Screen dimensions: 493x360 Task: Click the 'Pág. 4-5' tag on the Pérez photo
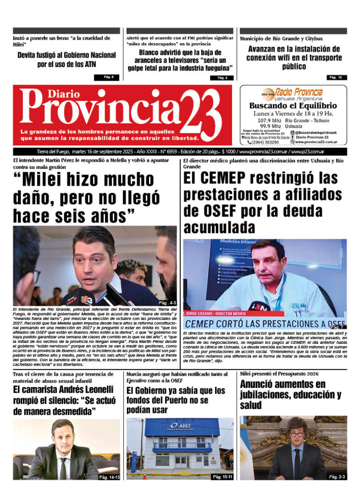[x=167, y=302]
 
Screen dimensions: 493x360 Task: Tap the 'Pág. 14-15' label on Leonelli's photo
[x=109, y=477]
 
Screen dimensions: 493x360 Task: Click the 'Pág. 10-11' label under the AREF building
[x=223, y=477]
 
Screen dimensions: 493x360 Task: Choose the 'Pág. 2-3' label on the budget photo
[x=337, y=477]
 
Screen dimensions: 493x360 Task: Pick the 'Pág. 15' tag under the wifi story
[x=336, y=77]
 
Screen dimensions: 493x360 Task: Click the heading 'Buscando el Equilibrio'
[x=293, y=106]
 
